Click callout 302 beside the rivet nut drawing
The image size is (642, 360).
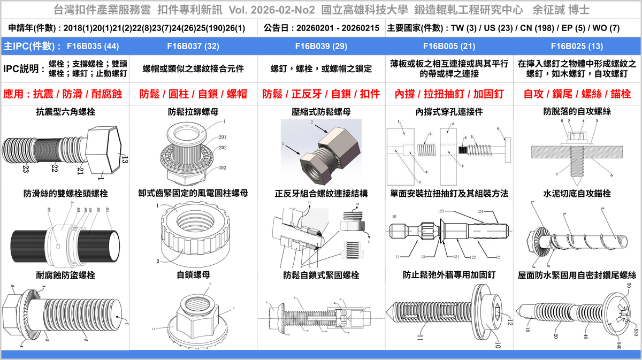coord(222,167)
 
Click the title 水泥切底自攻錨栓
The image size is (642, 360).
coord(577,193)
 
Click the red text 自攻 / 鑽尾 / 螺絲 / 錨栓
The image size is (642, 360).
coord(577,94)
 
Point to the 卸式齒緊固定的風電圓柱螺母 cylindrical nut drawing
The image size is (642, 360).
coord(193,232)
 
